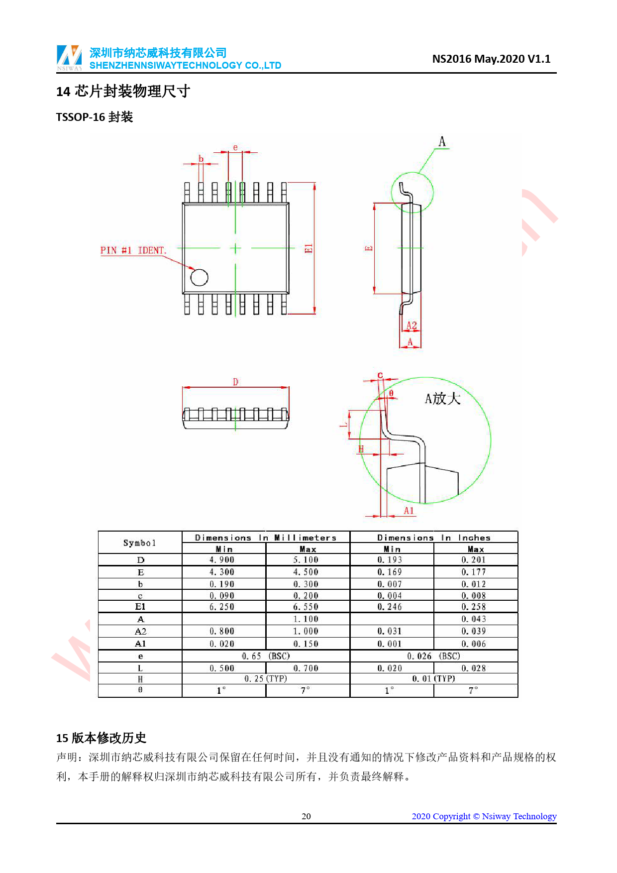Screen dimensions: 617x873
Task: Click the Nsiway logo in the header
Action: click(x=69, y=58)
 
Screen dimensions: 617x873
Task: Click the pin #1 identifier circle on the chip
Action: click(x=200, y=278)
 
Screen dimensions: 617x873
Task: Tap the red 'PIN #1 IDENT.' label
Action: click(x=133, y=250)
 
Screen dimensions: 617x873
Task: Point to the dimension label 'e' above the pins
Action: click(x=235, y=147)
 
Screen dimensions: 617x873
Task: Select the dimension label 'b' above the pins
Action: click(x=201, y=159)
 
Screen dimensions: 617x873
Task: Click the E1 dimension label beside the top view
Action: click(x=308, y=248)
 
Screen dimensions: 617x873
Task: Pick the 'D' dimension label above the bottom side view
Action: click(x=236, y=382)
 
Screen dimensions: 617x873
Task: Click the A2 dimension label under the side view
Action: click(x=411, y=326)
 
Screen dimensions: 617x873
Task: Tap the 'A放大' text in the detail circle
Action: click(x=442, y=399)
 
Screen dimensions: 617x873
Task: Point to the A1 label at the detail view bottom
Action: click(x=409, y=511)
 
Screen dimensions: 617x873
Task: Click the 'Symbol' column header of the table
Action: click(x=140, y=543)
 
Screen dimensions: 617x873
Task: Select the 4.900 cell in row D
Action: click(x=222, y=560)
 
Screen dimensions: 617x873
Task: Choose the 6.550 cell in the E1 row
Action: click(x=306, y=607)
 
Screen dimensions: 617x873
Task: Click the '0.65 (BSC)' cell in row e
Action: click(x=266, y=656)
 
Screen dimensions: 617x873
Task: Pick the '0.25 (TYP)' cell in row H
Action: click(x=266, y=679)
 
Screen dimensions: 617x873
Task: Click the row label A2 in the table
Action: click(x=140, y=632)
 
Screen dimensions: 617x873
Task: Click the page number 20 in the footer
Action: click(x=307, y=816)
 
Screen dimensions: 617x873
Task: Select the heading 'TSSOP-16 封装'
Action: click(x=95, y=117)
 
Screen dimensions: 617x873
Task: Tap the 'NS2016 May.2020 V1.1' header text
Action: click(x=491, y=59)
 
